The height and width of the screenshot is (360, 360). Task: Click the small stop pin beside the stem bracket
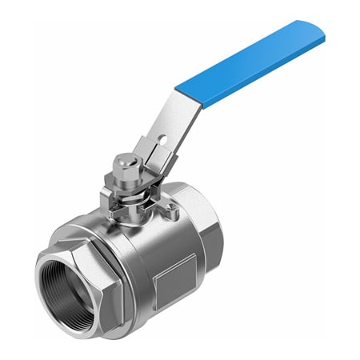[170, 211]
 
